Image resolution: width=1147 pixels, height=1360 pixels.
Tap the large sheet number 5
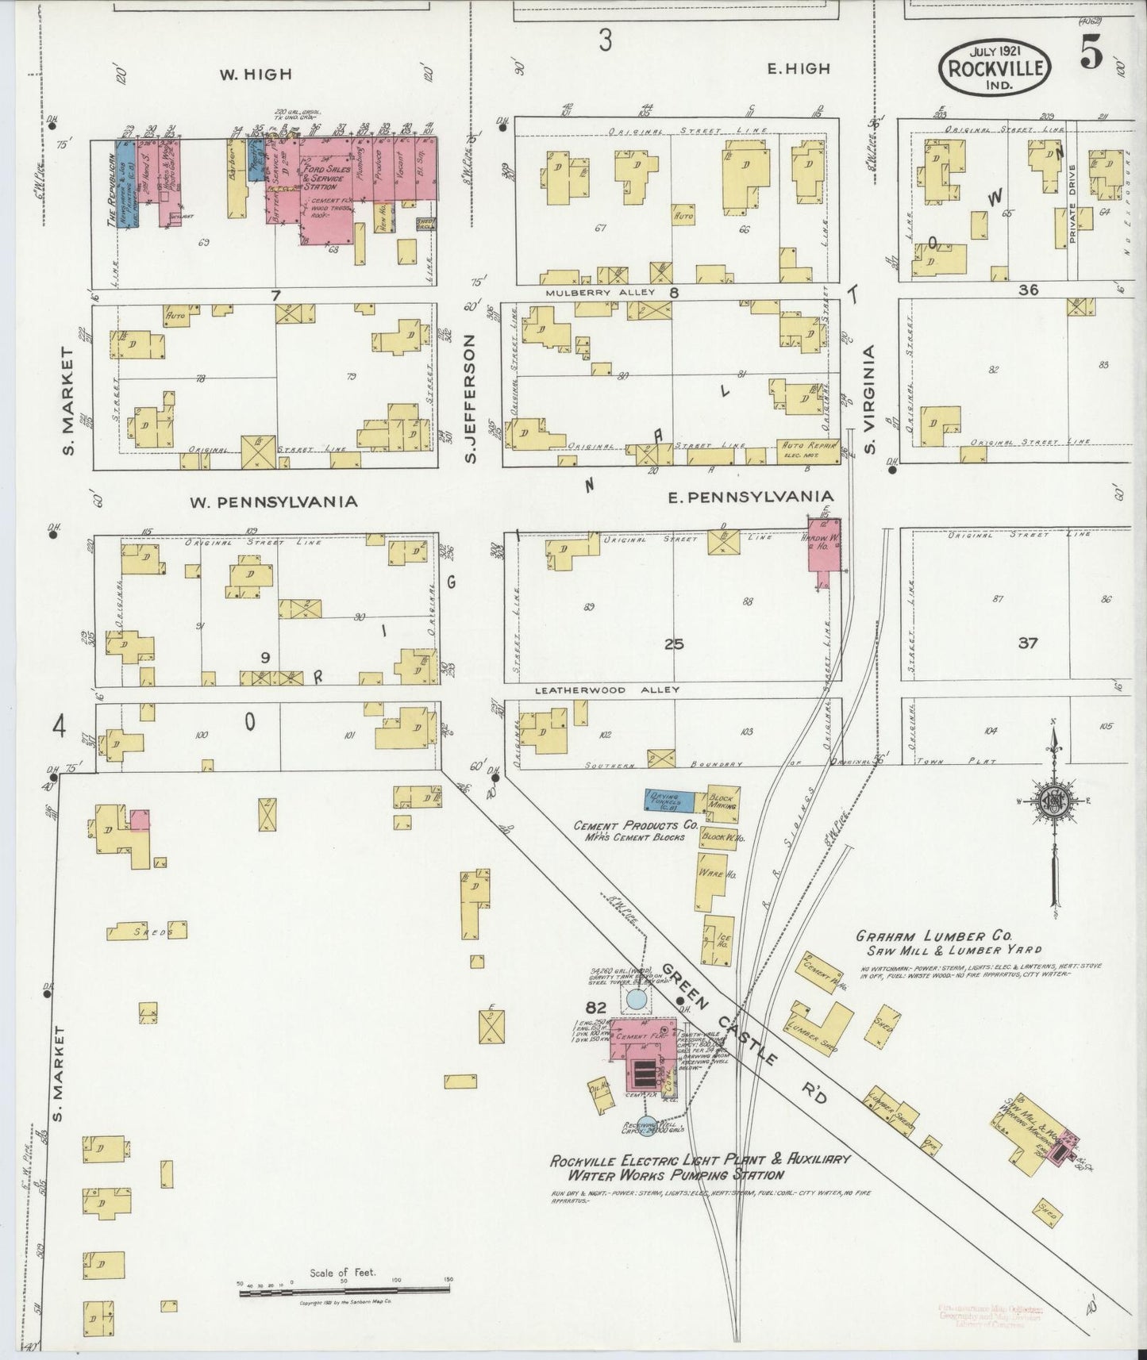pos(1091,56)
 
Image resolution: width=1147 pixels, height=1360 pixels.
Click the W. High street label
pos(256,75)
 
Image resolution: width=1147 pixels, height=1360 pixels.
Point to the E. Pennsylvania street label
pos(750,497)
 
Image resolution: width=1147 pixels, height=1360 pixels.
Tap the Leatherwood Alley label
pos(606,690)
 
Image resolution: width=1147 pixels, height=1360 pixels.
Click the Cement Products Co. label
pos(635,825)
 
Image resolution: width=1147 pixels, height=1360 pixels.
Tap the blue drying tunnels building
pos(672,800)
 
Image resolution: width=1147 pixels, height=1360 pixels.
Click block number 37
pos(1027,643)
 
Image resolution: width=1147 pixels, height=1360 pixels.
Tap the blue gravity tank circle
pos(636,1000)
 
